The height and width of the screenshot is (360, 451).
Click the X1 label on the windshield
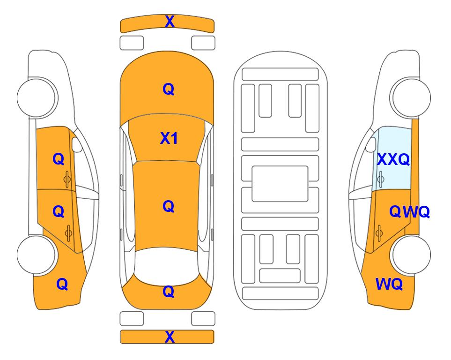[169, 138]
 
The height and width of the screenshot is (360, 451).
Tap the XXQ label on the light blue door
[393, 159]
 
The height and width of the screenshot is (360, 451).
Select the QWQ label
[409, 212]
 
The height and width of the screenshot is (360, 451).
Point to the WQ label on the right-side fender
[389, 284]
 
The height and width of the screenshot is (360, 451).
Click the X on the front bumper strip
[170, 22]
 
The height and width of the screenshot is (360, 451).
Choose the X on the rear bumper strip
[170, 337]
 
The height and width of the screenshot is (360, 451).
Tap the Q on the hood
[169, 89]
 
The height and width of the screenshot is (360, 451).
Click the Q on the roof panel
[169, 207]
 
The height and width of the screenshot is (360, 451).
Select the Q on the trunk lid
[169, 292]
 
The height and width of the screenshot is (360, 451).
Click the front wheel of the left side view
[37, 97]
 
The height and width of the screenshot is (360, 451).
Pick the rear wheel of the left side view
[37, 255]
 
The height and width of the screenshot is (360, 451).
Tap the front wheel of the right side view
[410, 97]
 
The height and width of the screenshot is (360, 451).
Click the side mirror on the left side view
[77, 144]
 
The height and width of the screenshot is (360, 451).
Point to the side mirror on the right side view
[370, 144]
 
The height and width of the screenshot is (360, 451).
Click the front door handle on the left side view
[67, 179]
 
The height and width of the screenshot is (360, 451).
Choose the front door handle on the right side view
[380, 179]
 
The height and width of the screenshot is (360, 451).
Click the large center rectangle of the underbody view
[280, 184]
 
